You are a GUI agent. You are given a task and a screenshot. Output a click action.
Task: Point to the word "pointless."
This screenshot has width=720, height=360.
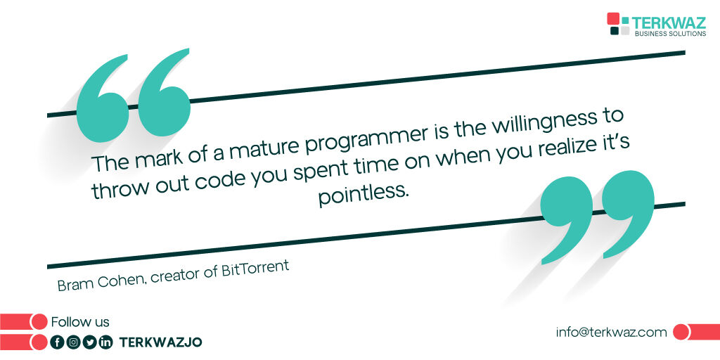coord(363,194)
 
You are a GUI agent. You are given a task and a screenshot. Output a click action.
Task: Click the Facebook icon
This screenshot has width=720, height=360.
coord(58,342)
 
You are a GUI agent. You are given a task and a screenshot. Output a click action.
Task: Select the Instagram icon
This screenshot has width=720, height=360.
coord(73,342)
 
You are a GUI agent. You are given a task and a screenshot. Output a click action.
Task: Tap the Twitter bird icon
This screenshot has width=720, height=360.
coord(89,342)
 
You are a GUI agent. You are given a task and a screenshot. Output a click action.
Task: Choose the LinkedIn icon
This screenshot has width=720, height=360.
coord(105,342)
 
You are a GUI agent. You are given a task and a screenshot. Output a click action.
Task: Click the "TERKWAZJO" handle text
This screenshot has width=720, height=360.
coord(160,342)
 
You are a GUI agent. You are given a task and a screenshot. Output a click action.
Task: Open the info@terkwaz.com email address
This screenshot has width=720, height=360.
coord(610,333)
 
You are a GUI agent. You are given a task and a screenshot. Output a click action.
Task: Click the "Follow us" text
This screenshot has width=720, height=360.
coord(80,322)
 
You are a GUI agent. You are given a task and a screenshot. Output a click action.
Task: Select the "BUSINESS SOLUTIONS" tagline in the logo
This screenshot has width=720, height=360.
coord(670,33)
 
